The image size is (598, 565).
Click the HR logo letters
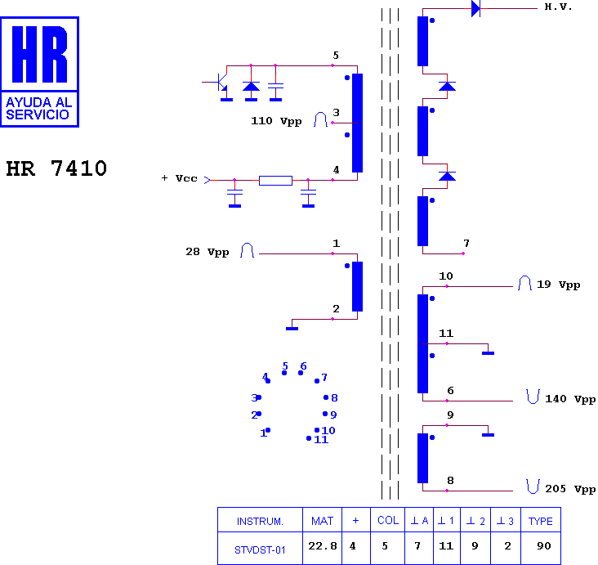click(x=40, y=54)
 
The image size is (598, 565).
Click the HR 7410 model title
click(x=56, y=168)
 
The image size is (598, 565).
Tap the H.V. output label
click(x=558, y=7)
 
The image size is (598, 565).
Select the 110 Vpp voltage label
click(x=276, y=121)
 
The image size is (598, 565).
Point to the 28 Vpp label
click(x=207, y=252)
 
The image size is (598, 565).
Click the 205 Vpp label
click(x=570, y=489)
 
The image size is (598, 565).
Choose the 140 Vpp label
click(x=570, y=399)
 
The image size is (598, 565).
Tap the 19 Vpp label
click(x=558, y=285)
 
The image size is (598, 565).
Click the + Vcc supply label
click(x=179, y=178)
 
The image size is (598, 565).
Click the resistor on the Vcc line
click(x=276, y=181)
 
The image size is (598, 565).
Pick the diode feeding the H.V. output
click(x=476, y=8)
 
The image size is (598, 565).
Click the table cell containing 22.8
click(x=322, y=548)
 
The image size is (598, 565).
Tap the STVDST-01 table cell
click(x=260, y=548)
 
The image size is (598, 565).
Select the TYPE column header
click(x=541, y=520)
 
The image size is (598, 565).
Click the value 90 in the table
click(x=544, y=546)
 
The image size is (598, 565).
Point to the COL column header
click(x=388, y=520)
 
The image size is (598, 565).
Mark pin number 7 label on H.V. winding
click(x=466, y=243)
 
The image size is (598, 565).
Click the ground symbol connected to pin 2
click(x=292, y=329)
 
